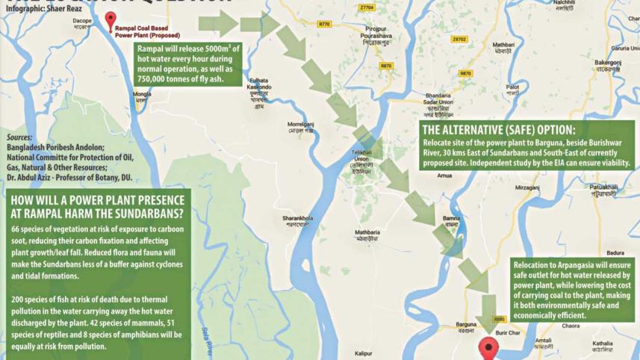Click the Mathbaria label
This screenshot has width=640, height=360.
pos(367,233)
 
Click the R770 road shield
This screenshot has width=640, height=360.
pos(323,24)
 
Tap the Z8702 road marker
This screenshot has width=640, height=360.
pos(459,39)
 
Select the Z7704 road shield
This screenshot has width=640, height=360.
pos(366,7)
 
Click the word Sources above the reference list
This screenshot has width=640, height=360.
pos(19,138)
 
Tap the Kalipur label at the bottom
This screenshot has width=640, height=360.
pos(364,353)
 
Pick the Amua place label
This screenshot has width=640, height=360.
pos(444,176)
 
